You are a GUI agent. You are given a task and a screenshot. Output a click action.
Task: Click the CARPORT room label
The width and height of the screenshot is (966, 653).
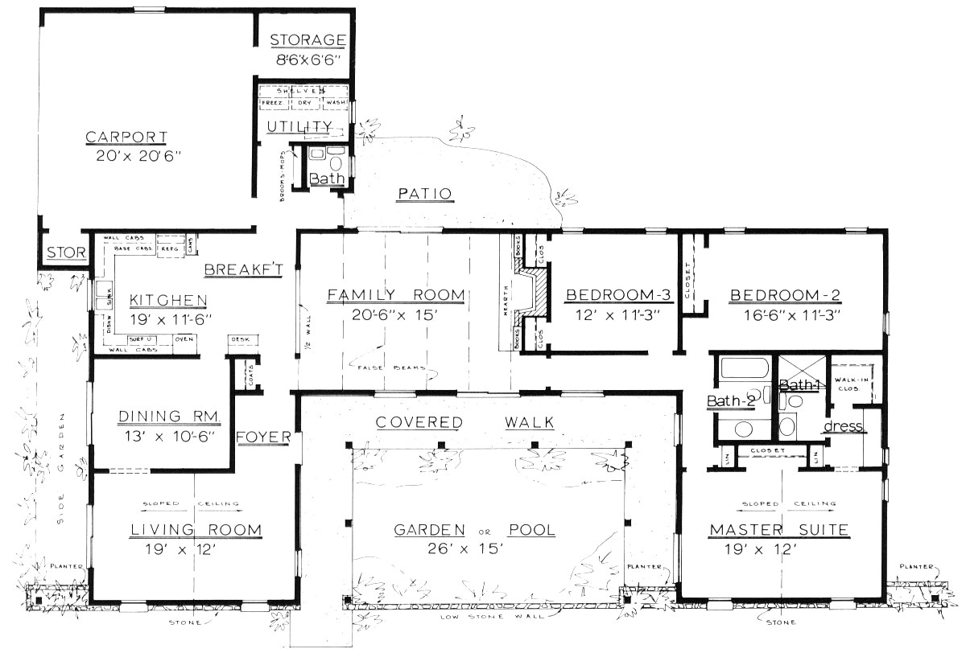tap(126, 137)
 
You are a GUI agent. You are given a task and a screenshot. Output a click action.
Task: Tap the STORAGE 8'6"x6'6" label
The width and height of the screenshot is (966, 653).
tap(307, 40)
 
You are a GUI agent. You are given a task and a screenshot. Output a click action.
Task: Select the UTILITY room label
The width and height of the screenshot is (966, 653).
tap(299, 125)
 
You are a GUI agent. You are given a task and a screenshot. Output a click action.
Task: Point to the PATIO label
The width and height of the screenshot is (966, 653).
tap(425, 193)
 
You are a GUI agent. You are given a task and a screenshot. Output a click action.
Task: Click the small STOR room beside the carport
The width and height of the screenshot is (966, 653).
tap(65, 253)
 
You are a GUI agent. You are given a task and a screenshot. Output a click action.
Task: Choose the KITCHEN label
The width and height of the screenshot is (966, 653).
tap(168, 300)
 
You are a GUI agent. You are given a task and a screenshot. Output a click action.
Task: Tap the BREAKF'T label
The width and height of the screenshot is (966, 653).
tap(242, 269)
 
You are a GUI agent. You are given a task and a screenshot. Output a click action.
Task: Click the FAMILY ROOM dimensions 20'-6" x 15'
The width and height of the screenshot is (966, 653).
tap(395, 314)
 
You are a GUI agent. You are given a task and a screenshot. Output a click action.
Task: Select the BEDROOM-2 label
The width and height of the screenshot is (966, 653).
tap(785, 295)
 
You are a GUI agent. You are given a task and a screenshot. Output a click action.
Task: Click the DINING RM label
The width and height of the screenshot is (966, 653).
tap(164, 416)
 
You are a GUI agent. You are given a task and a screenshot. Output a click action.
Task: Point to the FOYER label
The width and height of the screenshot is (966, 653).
tap(263, 437)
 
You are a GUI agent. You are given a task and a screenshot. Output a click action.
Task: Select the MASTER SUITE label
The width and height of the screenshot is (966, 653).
tap(778, 530)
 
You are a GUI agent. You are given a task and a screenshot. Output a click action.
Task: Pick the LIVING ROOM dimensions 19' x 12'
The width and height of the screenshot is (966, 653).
tap(195, 549)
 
